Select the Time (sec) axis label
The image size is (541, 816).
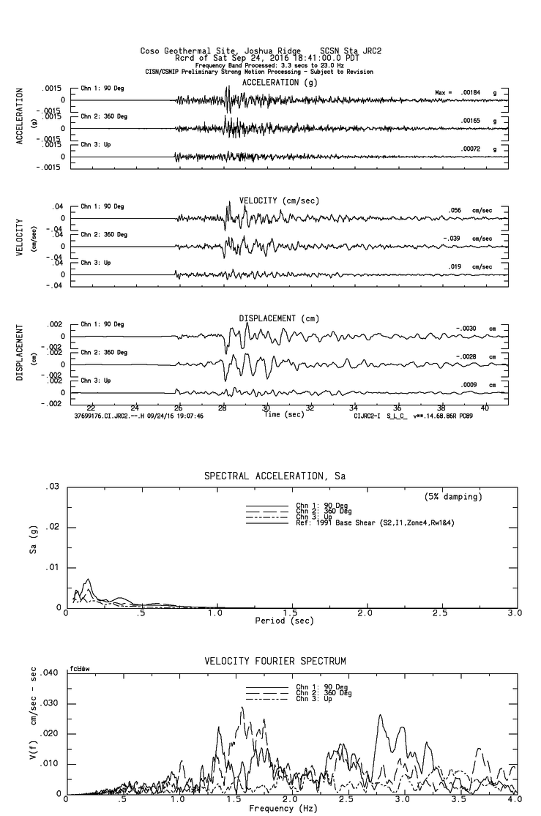[x=285, y=415]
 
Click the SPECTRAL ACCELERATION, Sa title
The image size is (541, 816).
[x=275, y=476]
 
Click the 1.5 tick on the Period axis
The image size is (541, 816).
[x=291, y=613]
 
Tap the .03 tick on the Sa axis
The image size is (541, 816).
[x=53, y=487]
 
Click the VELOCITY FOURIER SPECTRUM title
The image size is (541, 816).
[x=275, y=662]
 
